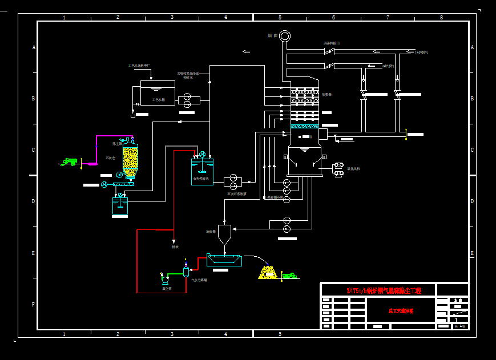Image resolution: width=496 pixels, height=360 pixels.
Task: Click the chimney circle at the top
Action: click(x=285, y=37)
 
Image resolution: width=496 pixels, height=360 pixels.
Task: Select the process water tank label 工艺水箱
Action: click(x=158, y=100)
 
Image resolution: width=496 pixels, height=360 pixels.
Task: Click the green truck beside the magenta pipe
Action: click(x=71, y=162)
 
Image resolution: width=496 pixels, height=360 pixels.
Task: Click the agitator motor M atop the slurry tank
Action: click(x=202, y=154)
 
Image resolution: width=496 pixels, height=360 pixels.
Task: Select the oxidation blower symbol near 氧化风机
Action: click(x=338, y=169)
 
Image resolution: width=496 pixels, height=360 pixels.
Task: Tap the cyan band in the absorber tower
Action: click(x=305, y=126)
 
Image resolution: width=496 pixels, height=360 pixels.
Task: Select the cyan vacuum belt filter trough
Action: click(x=224, y=260)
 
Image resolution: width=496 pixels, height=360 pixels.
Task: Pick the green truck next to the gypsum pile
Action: click(x=289, y=276)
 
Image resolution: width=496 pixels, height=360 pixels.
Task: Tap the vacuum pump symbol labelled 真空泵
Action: click(x=165, y=279)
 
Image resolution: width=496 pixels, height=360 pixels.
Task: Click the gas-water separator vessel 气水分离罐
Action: click(x=186, y=271)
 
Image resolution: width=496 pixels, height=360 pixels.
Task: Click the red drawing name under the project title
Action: click(x=401, y=311)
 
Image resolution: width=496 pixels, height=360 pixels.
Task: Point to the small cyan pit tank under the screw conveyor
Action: click(x=120, y=206)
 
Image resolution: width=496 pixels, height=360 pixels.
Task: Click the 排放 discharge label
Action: click(x=175, y=247)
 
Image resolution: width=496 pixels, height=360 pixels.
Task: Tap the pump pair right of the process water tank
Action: click(x=187, y=100)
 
